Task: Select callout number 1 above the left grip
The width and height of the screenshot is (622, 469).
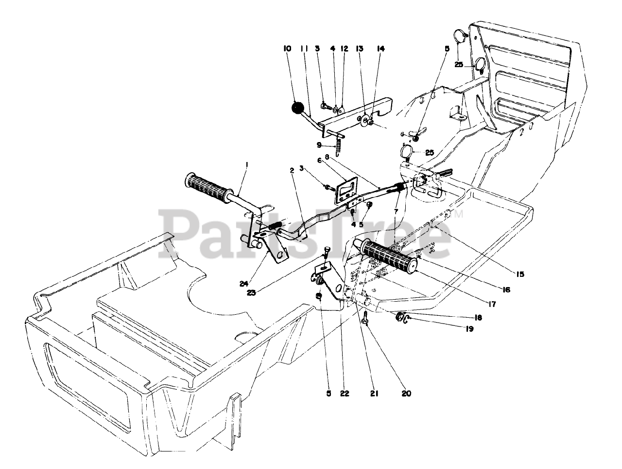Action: tap(247, 165)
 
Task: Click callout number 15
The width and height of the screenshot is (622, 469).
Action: tap(520, 274)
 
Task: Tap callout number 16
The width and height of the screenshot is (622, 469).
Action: tap(506, 289)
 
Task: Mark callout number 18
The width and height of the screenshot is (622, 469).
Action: tap(478, 317)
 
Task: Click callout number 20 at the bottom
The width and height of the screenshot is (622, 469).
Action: tap(406, 393)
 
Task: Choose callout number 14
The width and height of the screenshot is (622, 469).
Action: tap(380, 49)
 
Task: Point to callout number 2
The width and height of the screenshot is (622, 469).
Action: tap(293, 170)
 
